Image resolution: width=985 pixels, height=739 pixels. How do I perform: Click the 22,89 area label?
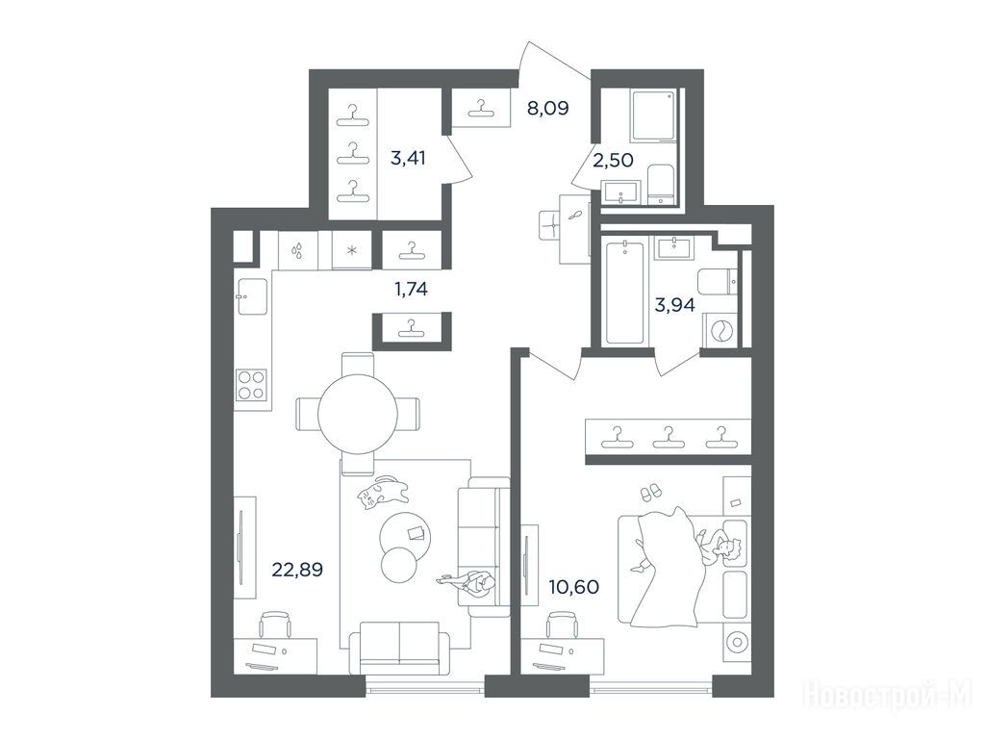pos(297,570)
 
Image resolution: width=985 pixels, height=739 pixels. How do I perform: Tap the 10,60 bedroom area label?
pos(573,588)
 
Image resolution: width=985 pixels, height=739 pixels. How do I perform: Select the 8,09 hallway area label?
pos(547,109)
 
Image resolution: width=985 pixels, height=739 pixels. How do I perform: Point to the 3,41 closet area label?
pos(408,159)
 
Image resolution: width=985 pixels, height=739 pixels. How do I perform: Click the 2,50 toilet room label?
pos(613,161)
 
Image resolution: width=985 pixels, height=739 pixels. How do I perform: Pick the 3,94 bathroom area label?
pos(674,305)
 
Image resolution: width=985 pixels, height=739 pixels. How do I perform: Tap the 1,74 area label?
pos(411,289)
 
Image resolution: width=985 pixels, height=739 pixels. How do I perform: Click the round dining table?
pos(358,414)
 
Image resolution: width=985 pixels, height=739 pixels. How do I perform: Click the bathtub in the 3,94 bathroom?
pos(624,293)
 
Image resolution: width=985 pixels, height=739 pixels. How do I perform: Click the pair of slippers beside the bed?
pos(650,493)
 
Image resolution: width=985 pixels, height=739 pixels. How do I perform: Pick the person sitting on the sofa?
pos(468,582)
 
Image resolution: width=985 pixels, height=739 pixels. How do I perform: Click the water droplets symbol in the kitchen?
pos(297,251)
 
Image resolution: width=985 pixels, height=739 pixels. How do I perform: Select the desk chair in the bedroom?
pos(561,624)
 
